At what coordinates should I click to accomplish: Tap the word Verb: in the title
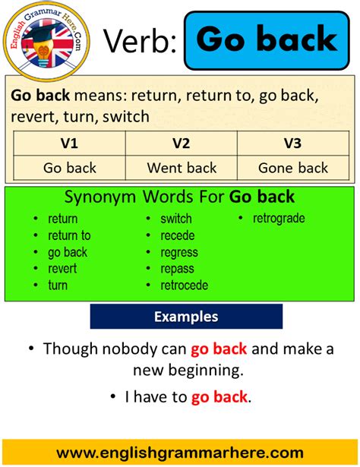[x=140, y=41]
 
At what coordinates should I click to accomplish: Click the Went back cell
[x=182, y=168]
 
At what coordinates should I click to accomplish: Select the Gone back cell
[x=292, y=168]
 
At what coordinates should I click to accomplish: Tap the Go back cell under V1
[x=69, y=168]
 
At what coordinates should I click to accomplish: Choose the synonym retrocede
[x=184, y=286]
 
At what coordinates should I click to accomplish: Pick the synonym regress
[x=178, y=252]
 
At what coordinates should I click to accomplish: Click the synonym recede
[x=177, y=235]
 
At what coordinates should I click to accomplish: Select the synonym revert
[x=62, y=269]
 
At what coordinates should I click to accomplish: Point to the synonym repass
[x=177, y=269]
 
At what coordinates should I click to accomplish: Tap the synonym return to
[x=69, y=235]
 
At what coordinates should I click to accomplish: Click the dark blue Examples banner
[x=186, y=317]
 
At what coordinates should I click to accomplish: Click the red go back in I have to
[x=219, y=396]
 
